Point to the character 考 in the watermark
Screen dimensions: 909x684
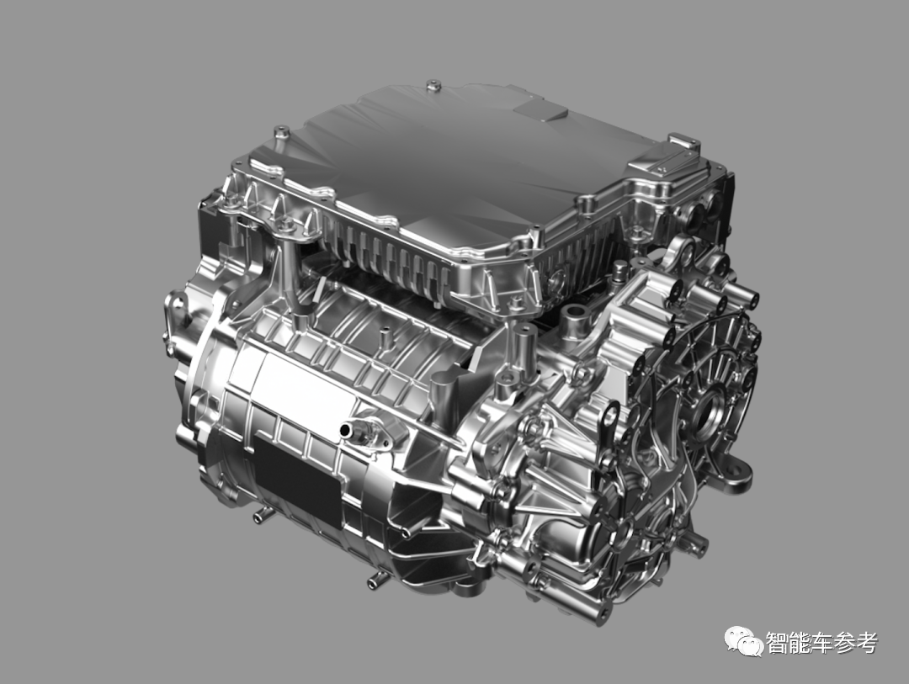coord(866,643)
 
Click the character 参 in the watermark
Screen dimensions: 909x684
coord(844,643)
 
